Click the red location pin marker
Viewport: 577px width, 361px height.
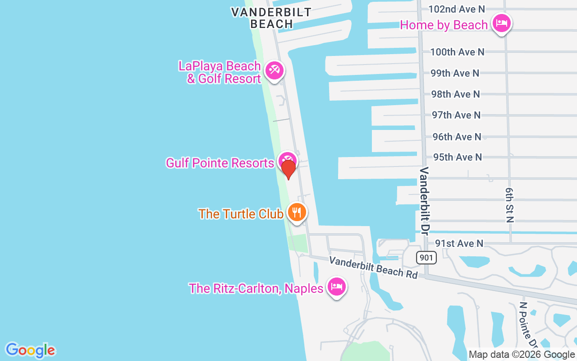[x=288, y=169]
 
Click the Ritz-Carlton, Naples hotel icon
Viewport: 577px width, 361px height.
[x=336, y=287]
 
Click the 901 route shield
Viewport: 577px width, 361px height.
[x=426, y=258]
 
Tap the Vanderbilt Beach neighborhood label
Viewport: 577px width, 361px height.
[x=271, y=18]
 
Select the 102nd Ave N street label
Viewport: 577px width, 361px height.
[x=456, y=9]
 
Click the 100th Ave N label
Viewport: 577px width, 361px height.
[x=457, y=52]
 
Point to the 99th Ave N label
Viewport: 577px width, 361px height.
[x=454, y=73]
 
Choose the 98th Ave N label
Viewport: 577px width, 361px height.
[x=455, y=94]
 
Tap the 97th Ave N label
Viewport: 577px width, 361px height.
[x=456, y=115]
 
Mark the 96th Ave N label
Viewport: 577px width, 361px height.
[x=457, y=136]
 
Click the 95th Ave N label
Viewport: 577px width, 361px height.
[x=457, y=157]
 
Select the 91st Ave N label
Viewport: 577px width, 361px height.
[x=459, y=243]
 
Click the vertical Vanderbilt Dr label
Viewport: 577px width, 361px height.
[x=424, y=201]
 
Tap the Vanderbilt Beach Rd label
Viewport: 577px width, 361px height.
[x=373, y=267]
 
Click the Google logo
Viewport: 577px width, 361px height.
[x=30, y=350]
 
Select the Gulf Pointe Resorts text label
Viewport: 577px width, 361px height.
[x=220, y=163]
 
